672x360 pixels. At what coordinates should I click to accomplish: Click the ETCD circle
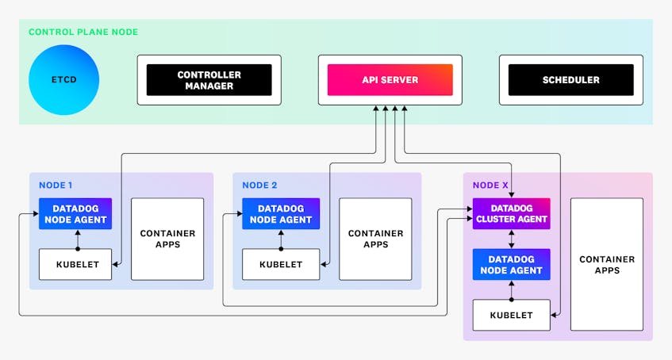63,80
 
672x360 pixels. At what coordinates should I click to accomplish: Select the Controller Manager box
209,80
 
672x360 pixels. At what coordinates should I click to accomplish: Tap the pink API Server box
390,80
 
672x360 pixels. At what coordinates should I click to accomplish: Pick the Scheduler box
570,80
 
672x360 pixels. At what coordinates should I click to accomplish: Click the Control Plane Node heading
83,33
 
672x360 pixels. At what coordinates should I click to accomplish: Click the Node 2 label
260,185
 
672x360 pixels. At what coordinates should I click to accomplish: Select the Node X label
490,185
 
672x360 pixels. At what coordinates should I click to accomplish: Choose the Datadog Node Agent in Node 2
280,213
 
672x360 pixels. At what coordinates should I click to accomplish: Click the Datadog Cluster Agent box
511,213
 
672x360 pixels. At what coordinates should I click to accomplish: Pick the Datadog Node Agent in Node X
511,264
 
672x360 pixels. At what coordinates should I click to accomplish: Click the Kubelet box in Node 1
77,264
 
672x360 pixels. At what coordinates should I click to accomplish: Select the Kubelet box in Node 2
280,264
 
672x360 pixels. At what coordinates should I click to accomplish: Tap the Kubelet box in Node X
511,315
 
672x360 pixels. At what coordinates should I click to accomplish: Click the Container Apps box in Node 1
167,239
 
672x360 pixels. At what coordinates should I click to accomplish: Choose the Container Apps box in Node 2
375,239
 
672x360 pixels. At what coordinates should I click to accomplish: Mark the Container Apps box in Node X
606,264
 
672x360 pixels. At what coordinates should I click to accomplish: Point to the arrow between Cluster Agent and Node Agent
511,239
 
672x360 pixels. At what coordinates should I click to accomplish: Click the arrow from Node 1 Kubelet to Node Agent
77,239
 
